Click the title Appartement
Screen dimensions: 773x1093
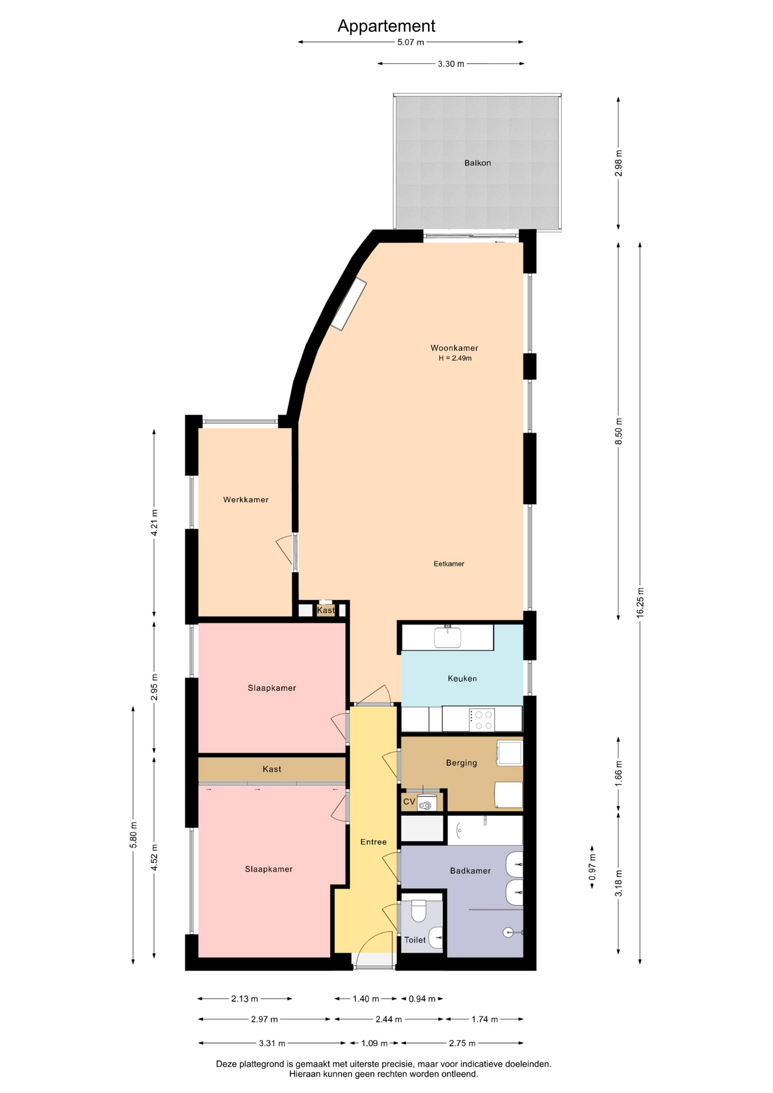pyautogui.click(x=386, y=26)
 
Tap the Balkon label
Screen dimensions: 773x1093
pyautogui.click(x=478, y=163)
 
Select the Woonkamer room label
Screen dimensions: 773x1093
pyautogui.click(x=454, y=348)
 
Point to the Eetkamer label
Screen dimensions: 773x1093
pyautogui.click(x=449, y=564)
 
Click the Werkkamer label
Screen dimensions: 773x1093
pyautogui.click(x=246, y=500)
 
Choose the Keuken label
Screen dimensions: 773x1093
pyautogui.click(x=462, y=679)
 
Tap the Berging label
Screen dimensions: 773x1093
pyautogui.click(x=462, y=763)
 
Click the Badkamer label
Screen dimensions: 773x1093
pyautogui.click(x=470, y=870)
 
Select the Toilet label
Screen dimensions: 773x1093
pyautogui.click(x=415, y=940)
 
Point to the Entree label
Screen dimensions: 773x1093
pyautogui.click(x=373, y=842)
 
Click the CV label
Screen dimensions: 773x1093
pyautogui.click(x=409, y=802)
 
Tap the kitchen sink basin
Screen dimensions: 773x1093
pyautogui.click(x=448, y=637)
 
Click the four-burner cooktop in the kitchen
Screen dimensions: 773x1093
pyautogui.click(x=482, y=720)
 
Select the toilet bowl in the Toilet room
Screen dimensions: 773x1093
pyautogui.click(x=418, y=911)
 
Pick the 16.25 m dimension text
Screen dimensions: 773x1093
pyautogui.click(x=640, y=602)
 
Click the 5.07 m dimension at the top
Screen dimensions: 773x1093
pyautogui.click(x=411, y=42)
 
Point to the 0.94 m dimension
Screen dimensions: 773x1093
pyautogui.click(x=422, y=999)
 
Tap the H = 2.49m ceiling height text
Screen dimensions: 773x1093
pyautogui.click(x=455, y=358)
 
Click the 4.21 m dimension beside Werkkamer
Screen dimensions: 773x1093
pyautogui.click(x=154, y=522)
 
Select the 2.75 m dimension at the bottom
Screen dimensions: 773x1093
pyautogui.click(x=462, y=1043)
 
